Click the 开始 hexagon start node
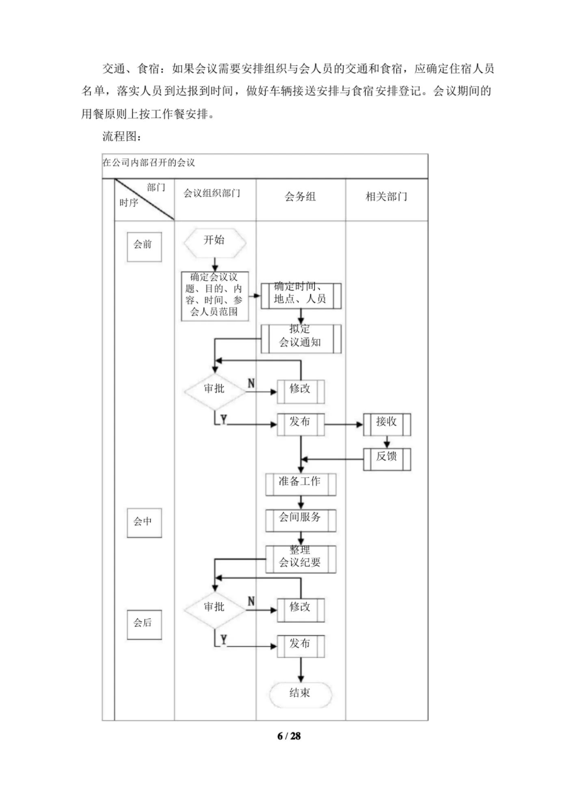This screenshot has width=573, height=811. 214,243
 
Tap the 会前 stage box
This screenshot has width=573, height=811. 144,246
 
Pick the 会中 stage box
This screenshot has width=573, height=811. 144,522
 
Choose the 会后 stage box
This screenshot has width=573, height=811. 144,624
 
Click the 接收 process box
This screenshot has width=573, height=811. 387,424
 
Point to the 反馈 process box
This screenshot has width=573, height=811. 387,459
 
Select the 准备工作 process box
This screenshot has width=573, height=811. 301,484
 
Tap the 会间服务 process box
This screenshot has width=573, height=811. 301,520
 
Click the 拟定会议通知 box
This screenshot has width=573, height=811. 301,338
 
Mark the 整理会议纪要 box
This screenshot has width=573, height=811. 301,559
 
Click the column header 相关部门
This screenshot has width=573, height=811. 386,197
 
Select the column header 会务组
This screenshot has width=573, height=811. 300,197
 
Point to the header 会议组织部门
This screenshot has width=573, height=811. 212,193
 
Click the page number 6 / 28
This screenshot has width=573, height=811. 289,736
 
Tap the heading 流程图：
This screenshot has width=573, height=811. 122,136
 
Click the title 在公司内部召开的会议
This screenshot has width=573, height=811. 149,163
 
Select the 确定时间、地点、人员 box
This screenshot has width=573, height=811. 301,296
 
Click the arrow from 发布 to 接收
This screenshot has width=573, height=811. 343,424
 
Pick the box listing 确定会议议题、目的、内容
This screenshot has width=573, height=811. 214,296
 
